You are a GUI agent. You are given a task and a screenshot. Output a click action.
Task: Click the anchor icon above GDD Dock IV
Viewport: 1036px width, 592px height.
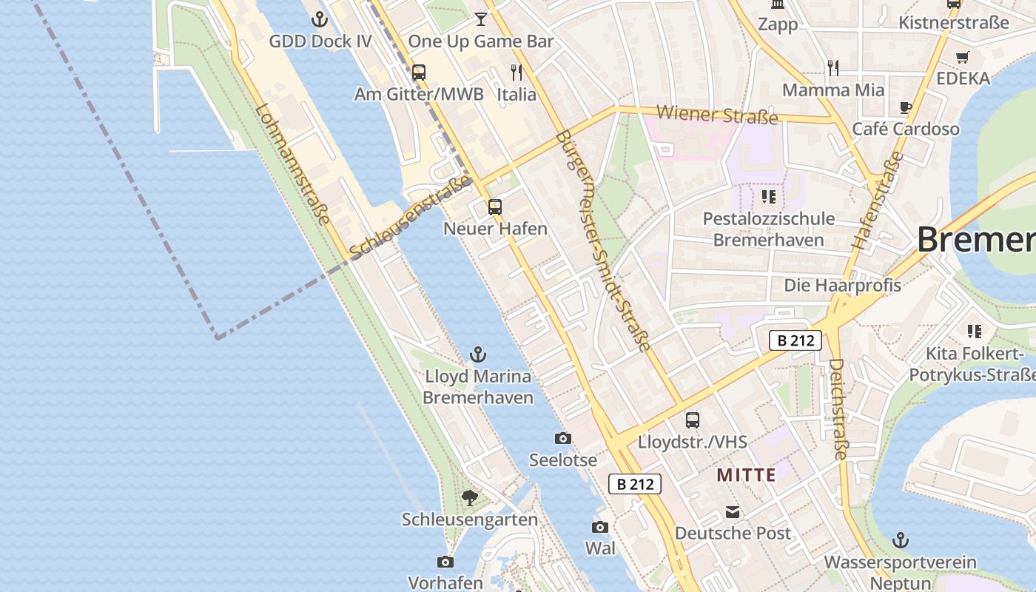[x=320, y=19]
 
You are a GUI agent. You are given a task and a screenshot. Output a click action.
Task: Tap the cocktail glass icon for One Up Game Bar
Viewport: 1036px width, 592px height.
[x=481, y=18]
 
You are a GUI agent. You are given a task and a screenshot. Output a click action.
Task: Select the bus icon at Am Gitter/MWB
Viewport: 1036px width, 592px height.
[x=419, y=73]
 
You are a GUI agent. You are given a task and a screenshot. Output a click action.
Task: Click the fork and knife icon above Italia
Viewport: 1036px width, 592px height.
[x=517, y=73]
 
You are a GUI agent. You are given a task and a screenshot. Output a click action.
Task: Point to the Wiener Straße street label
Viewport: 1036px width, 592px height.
[x=717, y=115]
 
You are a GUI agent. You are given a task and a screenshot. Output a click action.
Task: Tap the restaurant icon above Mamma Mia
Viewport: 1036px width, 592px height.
[x=833, y=68]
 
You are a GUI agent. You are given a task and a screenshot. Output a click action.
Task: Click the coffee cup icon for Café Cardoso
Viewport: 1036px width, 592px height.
[x=906, y=107]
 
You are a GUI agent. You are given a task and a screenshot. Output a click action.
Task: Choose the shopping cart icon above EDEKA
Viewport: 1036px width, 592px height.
[x=963, y=57]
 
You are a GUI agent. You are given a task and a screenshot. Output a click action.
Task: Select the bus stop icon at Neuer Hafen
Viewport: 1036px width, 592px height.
[x=495, y=207]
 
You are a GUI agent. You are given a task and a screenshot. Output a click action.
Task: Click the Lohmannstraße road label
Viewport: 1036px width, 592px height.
[x=292, y=164]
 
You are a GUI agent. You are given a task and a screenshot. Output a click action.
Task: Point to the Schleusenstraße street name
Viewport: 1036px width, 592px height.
[x=411, y=218]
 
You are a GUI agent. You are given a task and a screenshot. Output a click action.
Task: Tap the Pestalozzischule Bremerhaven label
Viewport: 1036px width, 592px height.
[x=768, y=229]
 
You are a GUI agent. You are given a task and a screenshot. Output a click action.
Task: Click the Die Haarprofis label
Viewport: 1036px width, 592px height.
[x=842, y=285]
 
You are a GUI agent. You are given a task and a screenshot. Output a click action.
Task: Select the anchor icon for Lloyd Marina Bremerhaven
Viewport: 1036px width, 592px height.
[x=478, y=354]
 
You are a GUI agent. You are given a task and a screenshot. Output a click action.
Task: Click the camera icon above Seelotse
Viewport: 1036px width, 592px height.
[x=563, y=438]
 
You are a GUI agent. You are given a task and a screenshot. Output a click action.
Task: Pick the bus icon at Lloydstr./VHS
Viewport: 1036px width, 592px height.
[x=693, y=420]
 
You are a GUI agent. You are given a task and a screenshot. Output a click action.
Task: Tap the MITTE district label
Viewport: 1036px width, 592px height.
[x=746, y=475]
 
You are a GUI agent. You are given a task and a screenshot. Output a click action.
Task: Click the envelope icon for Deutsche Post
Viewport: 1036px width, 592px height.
[x=733, y=512]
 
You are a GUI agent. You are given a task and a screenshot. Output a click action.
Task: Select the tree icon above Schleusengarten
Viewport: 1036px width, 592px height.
[x=469, y=497]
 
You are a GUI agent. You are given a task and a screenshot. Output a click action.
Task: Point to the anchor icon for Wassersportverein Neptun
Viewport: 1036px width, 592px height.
[x=901, y=539]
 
